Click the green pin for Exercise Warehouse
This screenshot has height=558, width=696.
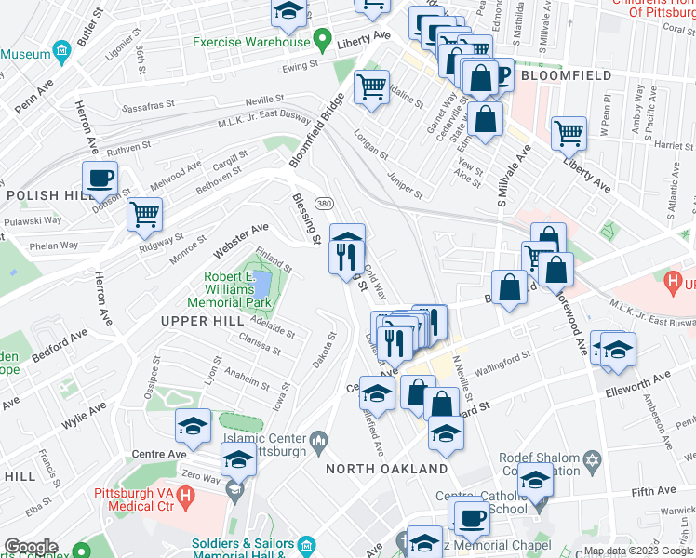[322, 41]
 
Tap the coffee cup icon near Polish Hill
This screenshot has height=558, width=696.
[100, 178]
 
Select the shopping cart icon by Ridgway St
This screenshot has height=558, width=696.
[144, 214]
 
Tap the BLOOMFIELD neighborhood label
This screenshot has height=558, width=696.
[566, 75]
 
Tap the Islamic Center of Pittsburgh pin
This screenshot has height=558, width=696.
[318, 438]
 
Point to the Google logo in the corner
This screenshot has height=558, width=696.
[31, 546]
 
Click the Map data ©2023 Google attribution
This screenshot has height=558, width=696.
[638, 550]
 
